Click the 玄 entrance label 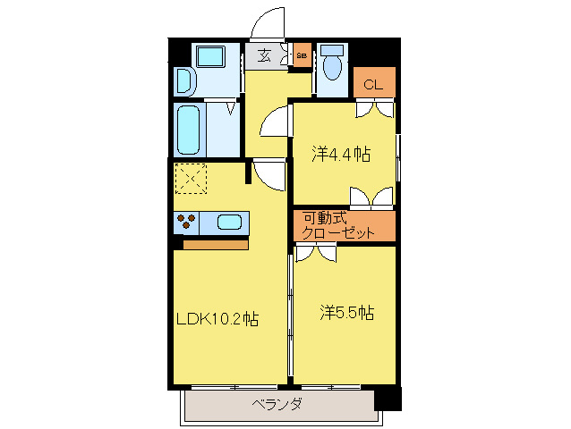click(x=265, y=55)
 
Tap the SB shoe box click(x=301, y=55)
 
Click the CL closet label click(x=373, y=85)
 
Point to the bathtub click(x=189, y=130)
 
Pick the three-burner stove click(x=187, y=221)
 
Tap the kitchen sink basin click(x=230, y=222)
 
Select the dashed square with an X click(x=190, y=179)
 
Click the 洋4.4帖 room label click(x=341, y=154)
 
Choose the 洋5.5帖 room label click(x=347, y=313)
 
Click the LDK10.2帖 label click(x=217, y=318)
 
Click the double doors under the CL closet click(x=373, y=108)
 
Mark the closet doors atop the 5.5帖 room click(x=315, y=254)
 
